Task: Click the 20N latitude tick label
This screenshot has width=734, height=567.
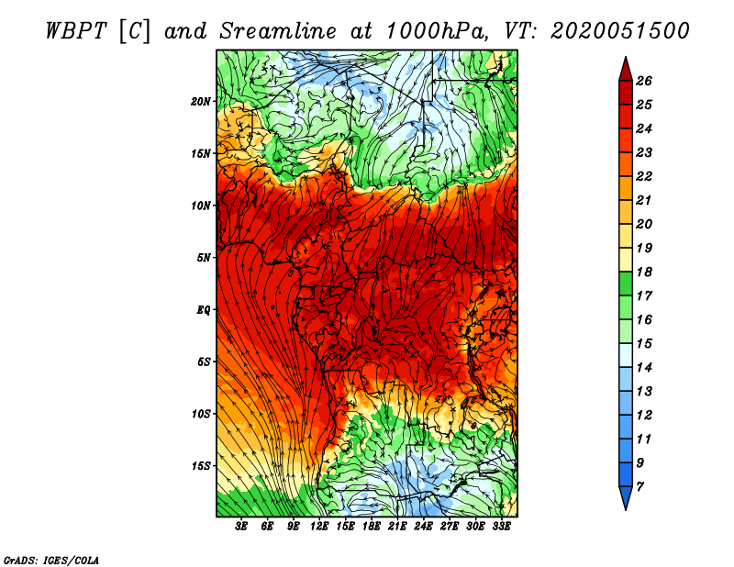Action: [x=201, y=102]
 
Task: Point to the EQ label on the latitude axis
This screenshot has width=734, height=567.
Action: [x=204, y=310]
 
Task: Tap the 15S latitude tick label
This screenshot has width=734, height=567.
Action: [x=201, y=466]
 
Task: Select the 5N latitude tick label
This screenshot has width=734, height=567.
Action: [x=204, y=258]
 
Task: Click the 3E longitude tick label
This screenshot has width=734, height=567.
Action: [x=241, y=527]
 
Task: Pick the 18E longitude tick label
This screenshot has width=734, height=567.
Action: [x=372, y=527]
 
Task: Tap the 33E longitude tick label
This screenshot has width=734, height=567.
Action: [x=501, y=527]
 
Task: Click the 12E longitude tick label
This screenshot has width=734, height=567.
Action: [x=319, y=527]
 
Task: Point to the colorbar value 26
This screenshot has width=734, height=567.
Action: [x=644, y=81]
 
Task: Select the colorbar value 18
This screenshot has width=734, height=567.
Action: [x=644, y=272]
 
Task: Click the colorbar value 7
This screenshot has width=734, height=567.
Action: [x=639, y=487]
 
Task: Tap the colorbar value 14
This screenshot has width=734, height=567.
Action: [x=644, y=368]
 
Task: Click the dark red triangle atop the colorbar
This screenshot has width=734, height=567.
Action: [x=626, y=71]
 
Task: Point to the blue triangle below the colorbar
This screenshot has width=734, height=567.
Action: [x=626, y=496]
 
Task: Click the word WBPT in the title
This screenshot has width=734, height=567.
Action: [x=77, y=31]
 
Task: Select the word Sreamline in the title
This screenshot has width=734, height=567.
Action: [x=278, y=31]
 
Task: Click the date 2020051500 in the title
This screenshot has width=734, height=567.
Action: [x=620, y=31]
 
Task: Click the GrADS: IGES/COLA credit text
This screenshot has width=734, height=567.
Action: [x=51, y=561]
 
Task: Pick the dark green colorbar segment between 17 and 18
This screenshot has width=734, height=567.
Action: [x=626, y=283]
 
